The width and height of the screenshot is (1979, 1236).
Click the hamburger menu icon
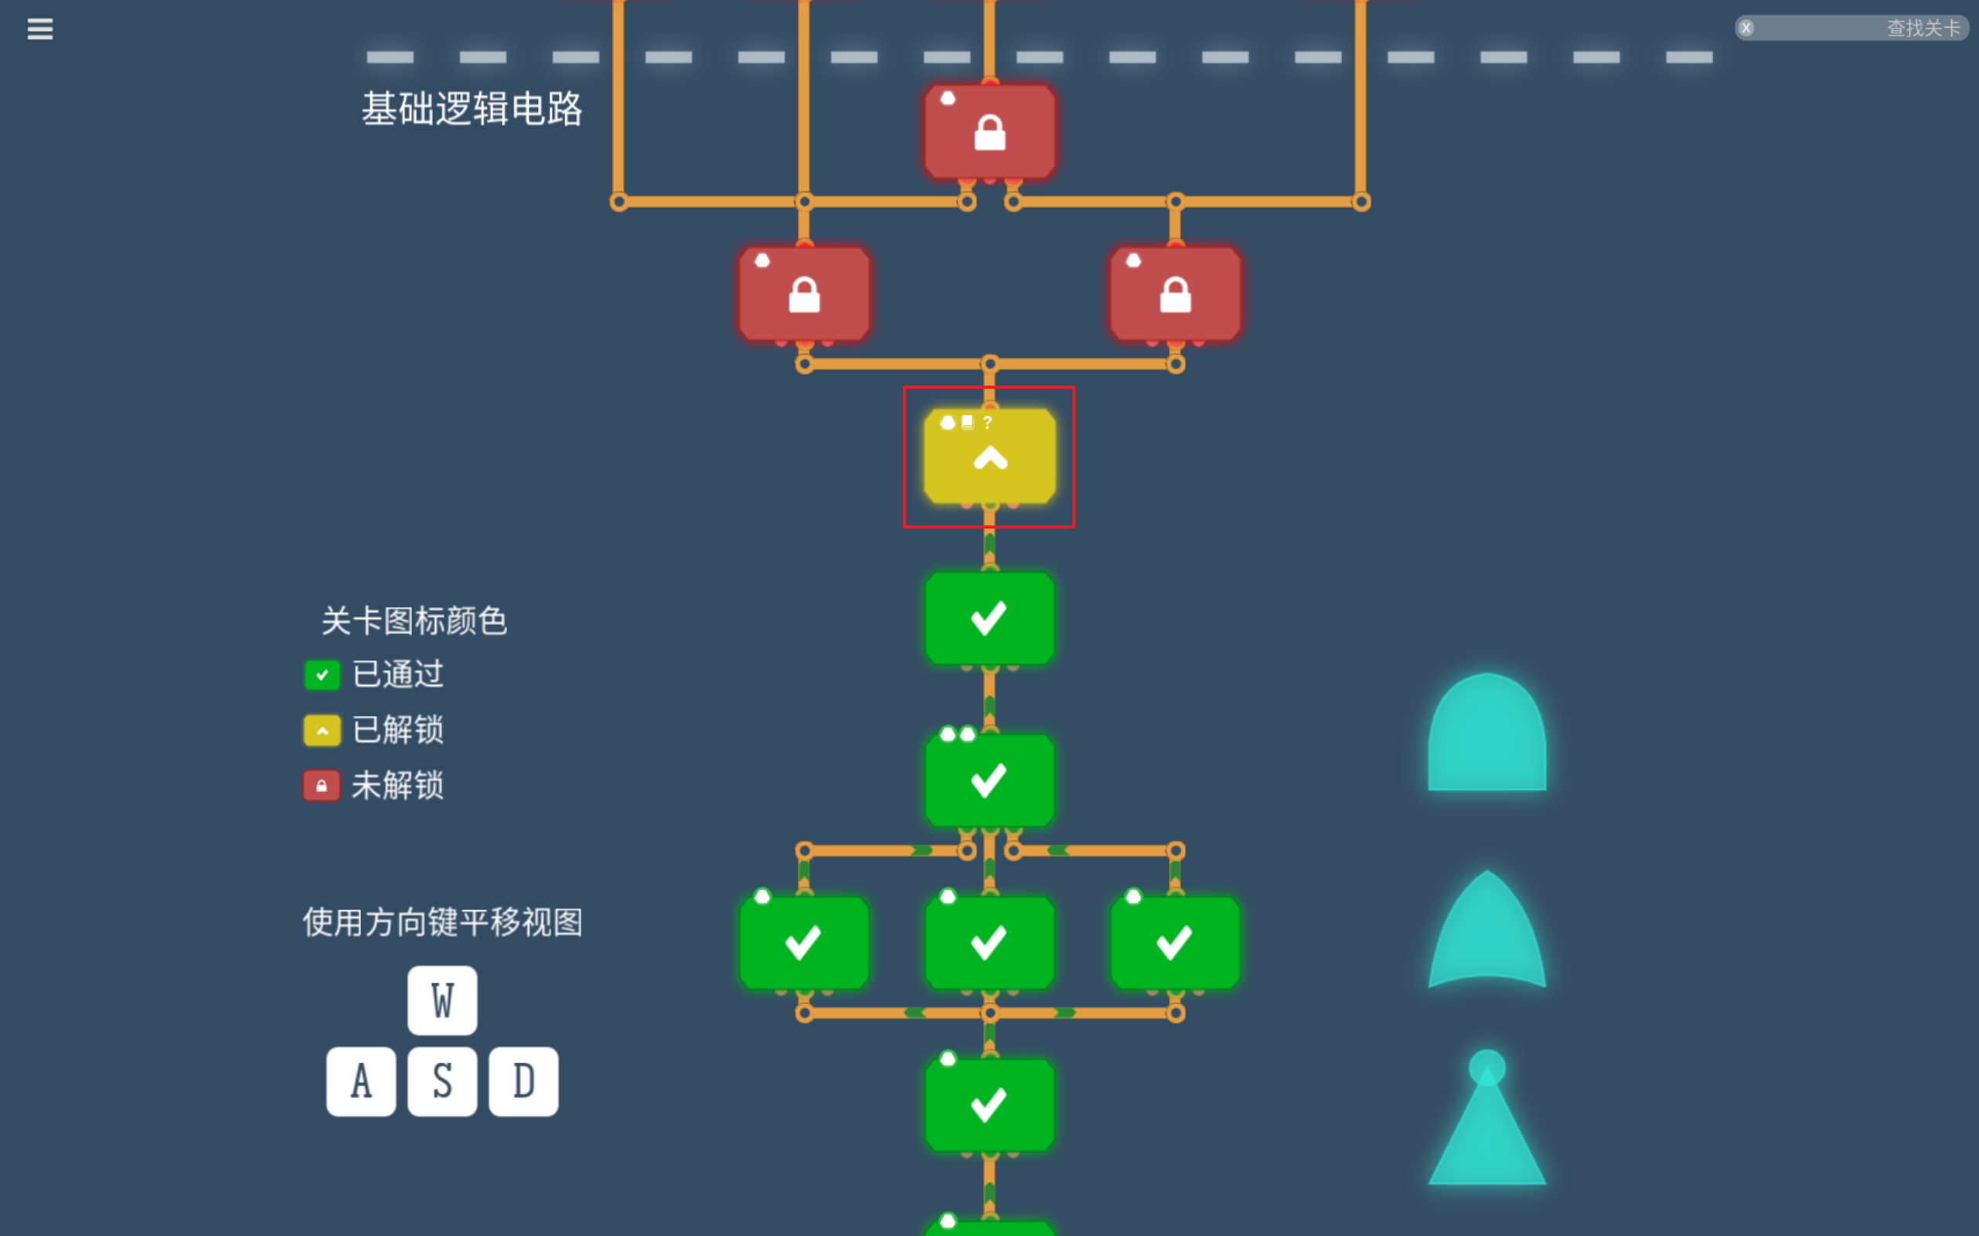pos(39,29)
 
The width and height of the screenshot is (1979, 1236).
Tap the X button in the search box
pos(1746,28)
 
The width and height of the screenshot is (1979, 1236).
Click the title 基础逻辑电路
pos(472,109)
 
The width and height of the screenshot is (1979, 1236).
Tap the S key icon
pos(442,1081)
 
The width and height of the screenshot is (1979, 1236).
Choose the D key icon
pos(523,1081)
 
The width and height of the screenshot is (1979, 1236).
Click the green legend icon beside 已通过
pos(322,675)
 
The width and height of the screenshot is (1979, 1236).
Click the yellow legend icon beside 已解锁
pos(322,730)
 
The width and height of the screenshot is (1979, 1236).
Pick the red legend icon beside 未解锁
pos(322,786)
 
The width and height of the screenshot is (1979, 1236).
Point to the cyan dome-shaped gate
pos(1487,735)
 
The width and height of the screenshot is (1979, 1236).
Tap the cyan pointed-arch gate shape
pos(1487,932)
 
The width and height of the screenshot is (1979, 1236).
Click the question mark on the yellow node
pos(988,423)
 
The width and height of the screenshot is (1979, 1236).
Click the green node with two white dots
pos(989,781)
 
